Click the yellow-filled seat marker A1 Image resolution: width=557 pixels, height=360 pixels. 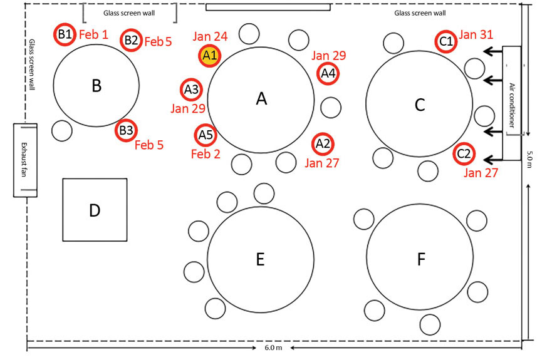click(209, 56)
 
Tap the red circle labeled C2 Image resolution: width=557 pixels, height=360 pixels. click(464, 153)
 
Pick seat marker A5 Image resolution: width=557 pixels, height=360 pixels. click(206, 133)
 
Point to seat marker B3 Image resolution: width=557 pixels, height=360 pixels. click(126, 131)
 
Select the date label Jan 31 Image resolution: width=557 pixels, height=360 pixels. click(477, 34)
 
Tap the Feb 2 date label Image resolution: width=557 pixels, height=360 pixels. click(206, 153)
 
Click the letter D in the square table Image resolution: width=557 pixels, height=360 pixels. click(95, 210)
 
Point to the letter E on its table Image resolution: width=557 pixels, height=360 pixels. click(260, 259)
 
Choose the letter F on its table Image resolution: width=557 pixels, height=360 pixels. click(420, 258)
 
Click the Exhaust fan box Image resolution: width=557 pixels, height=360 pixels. click(25, 160)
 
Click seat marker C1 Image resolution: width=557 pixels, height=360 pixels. click(446, 41)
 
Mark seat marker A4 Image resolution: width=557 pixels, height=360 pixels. click(328, 73)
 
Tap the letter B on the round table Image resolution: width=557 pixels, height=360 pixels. click(96, 86)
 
